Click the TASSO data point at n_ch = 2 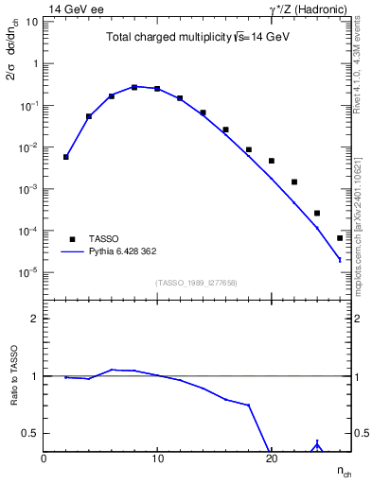[x=66, y=157]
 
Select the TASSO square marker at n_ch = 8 [x=134, y=87]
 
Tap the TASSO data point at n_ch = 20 [x=272, y=161]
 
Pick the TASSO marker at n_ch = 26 [x=340, y=238]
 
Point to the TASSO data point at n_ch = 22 [x=294, y=181]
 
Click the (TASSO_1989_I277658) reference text [x=196, y=282]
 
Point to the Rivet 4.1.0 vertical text [x=361, y=66]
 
